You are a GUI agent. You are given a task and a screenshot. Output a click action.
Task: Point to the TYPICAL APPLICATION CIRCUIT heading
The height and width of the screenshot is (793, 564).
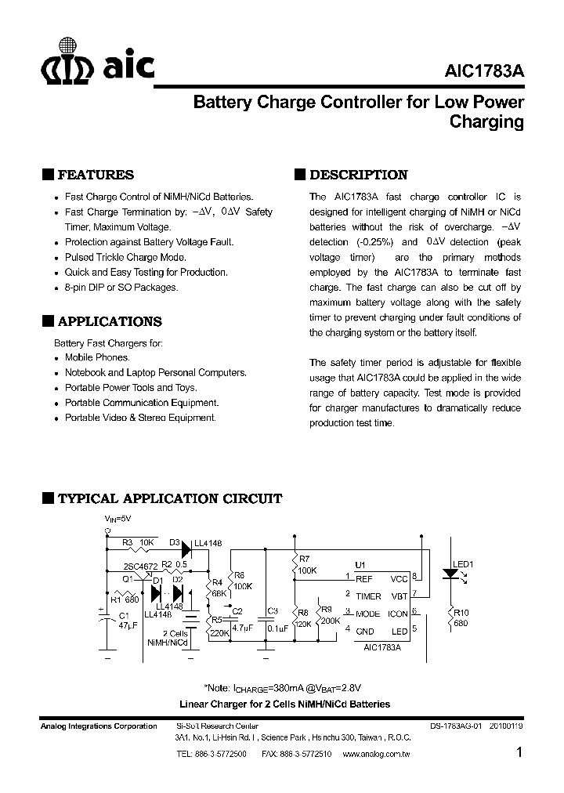click(170, 498)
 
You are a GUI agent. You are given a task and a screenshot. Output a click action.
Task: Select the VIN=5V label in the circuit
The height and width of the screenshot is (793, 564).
click(118, 519)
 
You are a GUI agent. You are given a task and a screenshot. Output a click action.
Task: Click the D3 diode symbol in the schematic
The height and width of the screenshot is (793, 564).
click(186, 542)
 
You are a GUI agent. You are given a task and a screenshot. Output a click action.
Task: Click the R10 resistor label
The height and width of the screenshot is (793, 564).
click(461, 613)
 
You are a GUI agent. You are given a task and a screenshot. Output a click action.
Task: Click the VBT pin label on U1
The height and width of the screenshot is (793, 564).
click(399, 596)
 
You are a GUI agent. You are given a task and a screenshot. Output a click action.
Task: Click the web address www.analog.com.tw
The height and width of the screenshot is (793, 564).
click(382, 753)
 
